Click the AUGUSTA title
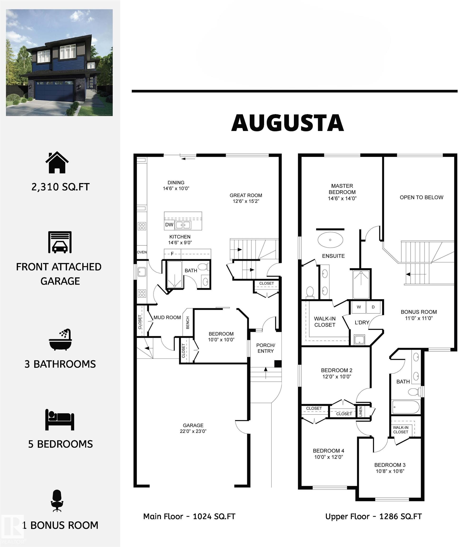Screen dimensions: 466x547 (287, 123)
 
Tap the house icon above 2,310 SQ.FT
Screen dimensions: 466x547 (57, 162)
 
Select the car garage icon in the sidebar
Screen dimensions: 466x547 (60, 242)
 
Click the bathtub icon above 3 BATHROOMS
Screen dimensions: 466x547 (60, 340)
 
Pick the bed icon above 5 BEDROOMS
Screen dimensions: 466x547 (60, 420)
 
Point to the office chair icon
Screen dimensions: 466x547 (57, 501)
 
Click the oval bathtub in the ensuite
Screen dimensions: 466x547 (330, 240)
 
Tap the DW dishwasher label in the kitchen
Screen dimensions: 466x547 (169, 225)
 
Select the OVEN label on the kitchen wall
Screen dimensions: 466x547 (142, 252)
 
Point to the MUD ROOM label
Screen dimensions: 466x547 (167, 318)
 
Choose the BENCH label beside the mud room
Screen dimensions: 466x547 (188, 323)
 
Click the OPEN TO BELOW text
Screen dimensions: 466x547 (421, 197)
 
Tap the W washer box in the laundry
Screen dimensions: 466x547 (359, 307)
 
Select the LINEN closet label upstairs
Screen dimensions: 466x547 (361, 411)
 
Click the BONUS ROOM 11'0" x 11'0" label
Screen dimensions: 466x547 (419, 315)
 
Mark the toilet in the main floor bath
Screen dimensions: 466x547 (204, 267)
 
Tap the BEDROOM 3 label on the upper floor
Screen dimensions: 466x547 (390, 465)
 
